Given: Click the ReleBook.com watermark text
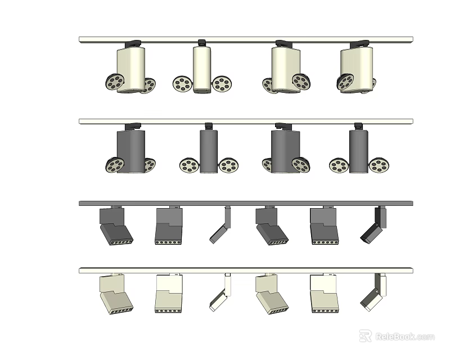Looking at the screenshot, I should [406, 336].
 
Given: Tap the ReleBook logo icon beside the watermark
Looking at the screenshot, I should [366, 336].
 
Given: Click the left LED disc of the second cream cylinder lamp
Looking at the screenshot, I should [182, 84].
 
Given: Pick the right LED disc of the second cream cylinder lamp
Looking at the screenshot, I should [222, 84].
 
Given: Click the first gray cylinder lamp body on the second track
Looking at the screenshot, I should [131, 150].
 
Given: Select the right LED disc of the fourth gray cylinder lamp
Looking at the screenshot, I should [379, 165].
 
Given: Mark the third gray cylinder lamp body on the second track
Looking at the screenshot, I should [285, 150].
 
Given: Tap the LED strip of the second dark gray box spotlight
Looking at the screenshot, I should [169, 242].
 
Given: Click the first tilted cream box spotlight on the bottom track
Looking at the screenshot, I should [115, 295].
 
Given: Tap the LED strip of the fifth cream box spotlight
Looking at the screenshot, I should [325, 310].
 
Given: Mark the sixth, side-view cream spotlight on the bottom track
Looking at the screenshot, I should [373, 295].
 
